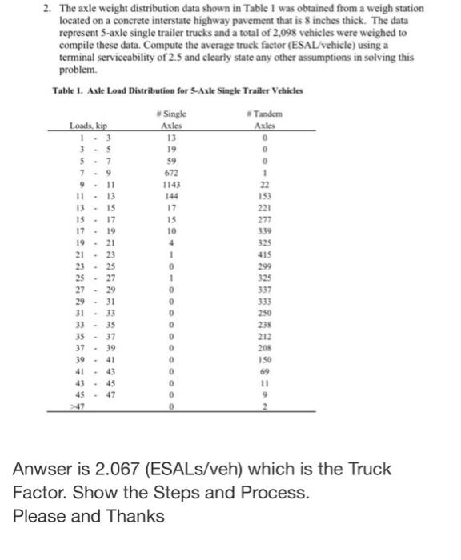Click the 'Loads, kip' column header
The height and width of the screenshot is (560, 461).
(x=88, y=126)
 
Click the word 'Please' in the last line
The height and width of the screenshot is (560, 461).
(x=38, y=516)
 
